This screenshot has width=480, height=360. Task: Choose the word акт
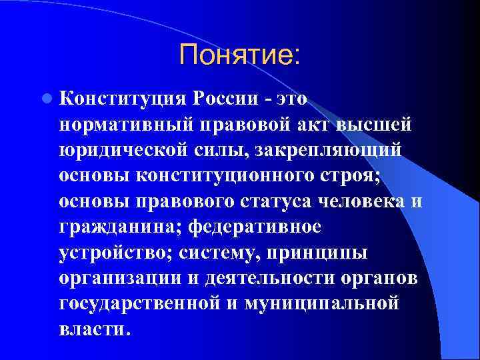coord(317,125)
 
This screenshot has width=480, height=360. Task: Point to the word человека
coord(367,201)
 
